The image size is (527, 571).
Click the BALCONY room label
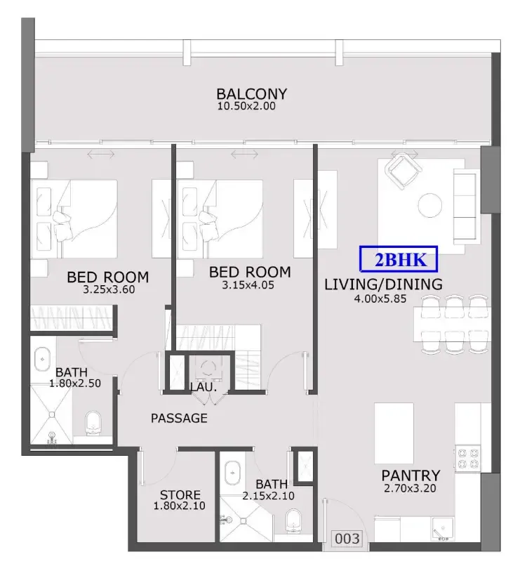click(251, 94)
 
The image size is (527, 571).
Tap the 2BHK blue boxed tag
click(399, 259)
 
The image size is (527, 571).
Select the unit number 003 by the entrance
click(347, 539)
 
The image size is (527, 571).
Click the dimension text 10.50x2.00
click(246, 106)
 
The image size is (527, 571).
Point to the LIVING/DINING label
click(383, 284)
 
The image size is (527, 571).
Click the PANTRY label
click(411, 475)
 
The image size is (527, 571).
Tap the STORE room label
click(180, 495)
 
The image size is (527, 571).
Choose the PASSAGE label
click(179, 418)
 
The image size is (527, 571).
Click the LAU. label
click(204, 388)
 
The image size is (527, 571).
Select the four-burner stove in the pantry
click(468, 458)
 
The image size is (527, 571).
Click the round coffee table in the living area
click(430, 205)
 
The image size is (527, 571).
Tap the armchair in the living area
click(403, 171)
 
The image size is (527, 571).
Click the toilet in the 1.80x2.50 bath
click(93, 424)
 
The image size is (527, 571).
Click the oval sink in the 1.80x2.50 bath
click(43, 359)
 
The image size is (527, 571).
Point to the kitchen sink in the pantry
click(443, 528)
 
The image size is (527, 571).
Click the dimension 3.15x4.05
click(248, 285)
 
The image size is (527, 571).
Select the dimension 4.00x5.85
click(380, 299)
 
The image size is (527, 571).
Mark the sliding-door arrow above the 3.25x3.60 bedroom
click(101, 155)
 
